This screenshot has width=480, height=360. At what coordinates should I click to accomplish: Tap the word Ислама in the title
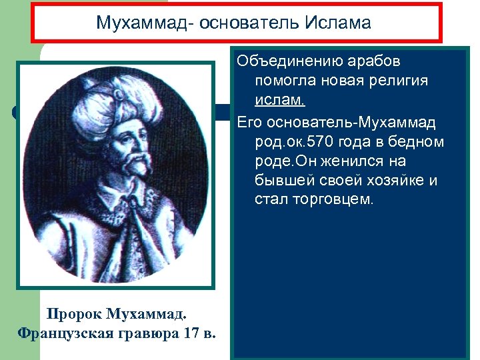pyautogui.click(x=337, y=23)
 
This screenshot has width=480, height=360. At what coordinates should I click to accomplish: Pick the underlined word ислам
pyautogui.click(x=279, y=100)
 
